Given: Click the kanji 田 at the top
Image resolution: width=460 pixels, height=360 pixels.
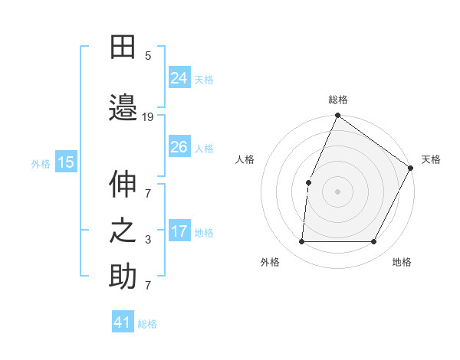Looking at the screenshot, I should [x=123, y=48].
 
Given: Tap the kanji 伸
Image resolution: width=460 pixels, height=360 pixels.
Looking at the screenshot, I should [x=123, y=185].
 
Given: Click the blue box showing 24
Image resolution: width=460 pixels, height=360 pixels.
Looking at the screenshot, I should [x=179, y=77].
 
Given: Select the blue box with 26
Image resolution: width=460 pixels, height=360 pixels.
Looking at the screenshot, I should [x=179, y=146].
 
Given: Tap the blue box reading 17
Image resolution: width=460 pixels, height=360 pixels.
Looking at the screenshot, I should [x=179, y=231].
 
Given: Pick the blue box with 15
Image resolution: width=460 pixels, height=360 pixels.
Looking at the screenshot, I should [x=66, y=162].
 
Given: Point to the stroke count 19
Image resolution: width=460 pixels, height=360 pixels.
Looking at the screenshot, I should [x=148, y=116].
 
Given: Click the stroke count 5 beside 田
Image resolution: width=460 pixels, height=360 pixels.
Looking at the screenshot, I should [x=148, y=55].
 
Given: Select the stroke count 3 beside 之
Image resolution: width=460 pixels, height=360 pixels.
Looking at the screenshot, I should [x=148, y=240].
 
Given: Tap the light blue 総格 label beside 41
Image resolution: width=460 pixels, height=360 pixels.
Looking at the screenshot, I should [x=147, y=324].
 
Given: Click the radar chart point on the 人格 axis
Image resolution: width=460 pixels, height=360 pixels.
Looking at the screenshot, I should [x=309, y=182].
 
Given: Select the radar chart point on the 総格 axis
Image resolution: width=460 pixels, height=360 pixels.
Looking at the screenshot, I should [x=337, y=116].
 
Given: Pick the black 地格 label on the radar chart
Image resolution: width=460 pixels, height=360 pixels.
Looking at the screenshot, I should [x=402, y=262].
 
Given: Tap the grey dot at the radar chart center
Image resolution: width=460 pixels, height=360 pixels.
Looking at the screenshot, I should [x=337, y=191].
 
